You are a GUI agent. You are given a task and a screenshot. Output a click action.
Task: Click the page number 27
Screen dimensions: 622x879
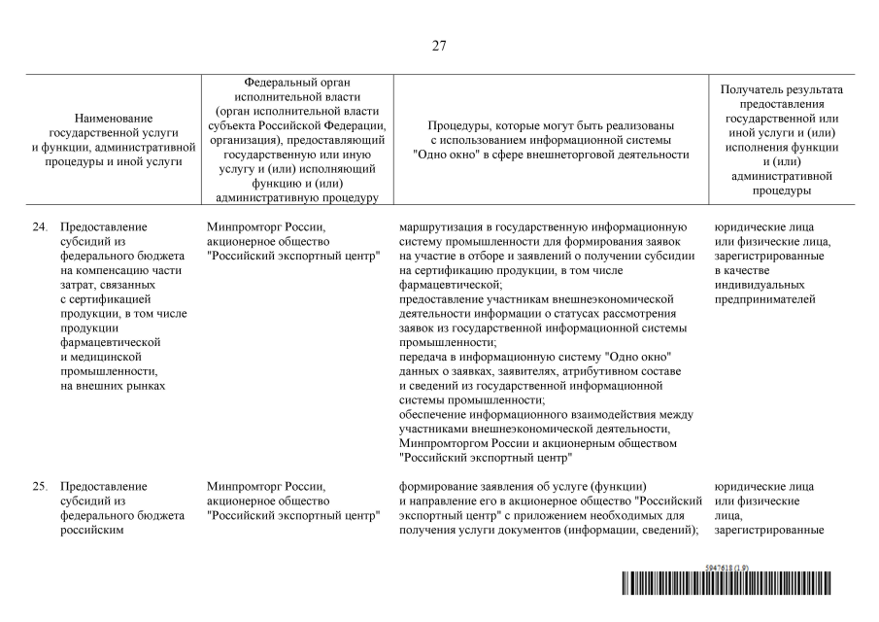(x=439, y=46)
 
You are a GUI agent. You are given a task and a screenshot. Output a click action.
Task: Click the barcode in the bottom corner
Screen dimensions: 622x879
(x=727, y=583)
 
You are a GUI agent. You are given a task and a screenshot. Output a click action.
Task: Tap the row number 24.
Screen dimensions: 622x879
(x=40, y=227)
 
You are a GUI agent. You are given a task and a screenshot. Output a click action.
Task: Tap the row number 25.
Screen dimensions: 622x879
(x=40, y=487)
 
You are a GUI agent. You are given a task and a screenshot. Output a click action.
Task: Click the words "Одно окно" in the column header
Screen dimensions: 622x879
(x=442, y=155)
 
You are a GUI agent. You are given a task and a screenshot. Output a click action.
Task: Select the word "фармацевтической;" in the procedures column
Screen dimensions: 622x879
(x=452, y=285)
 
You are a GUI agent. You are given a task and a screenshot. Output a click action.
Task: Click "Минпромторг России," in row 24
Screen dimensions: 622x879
(x=265, y=227)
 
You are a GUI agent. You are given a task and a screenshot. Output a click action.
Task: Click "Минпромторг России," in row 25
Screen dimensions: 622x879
(x=265, y=487)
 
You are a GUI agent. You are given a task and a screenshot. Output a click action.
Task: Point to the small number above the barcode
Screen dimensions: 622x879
(x=726, y=567)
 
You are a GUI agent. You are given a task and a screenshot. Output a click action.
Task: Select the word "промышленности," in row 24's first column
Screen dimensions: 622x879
(x=109, y=371)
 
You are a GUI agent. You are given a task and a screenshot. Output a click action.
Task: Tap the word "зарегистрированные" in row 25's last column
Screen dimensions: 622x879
(x=769, y=530)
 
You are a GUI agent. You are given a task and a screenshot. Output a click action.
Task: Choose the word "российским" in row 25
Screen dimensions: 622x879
(x=92, y=530)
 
